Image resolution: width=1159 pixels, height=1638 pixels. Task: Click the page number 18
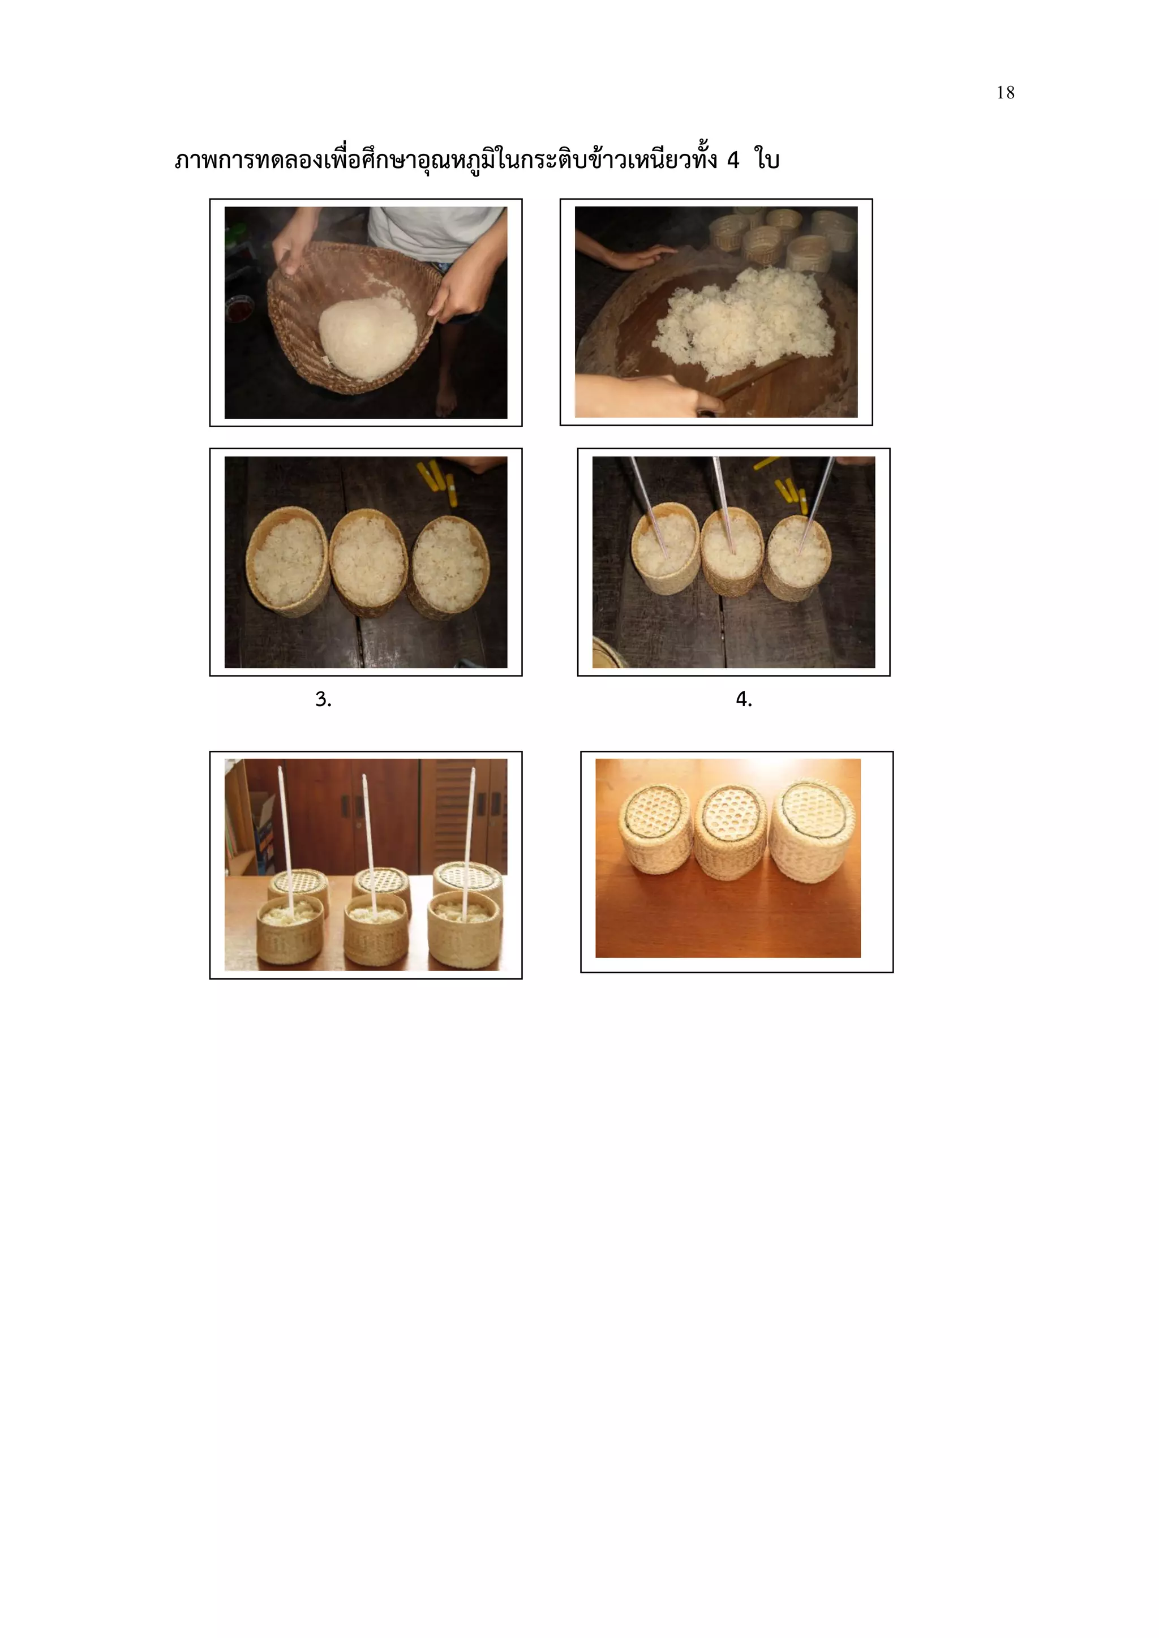[1005, 93]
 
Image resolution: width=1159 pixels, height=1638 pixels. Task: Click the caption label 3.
[323, 699]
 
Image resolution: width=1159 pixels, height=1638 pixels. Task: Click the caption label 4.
[744, 699]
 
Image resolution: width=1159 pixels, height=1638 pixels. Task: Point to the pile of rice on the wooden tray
[746, 321]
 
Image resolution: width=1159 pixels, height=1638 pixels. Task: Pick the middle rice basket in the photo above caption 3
[368, 564]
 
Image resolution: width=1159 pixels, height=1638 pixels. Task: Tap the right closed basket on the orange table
[812, 831]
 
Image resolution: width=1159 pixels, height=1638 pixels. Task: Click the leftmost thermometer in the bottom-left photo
[285, 835]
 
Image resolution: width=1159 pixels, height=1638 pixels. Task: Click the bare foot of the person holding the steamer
[445, 403]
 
